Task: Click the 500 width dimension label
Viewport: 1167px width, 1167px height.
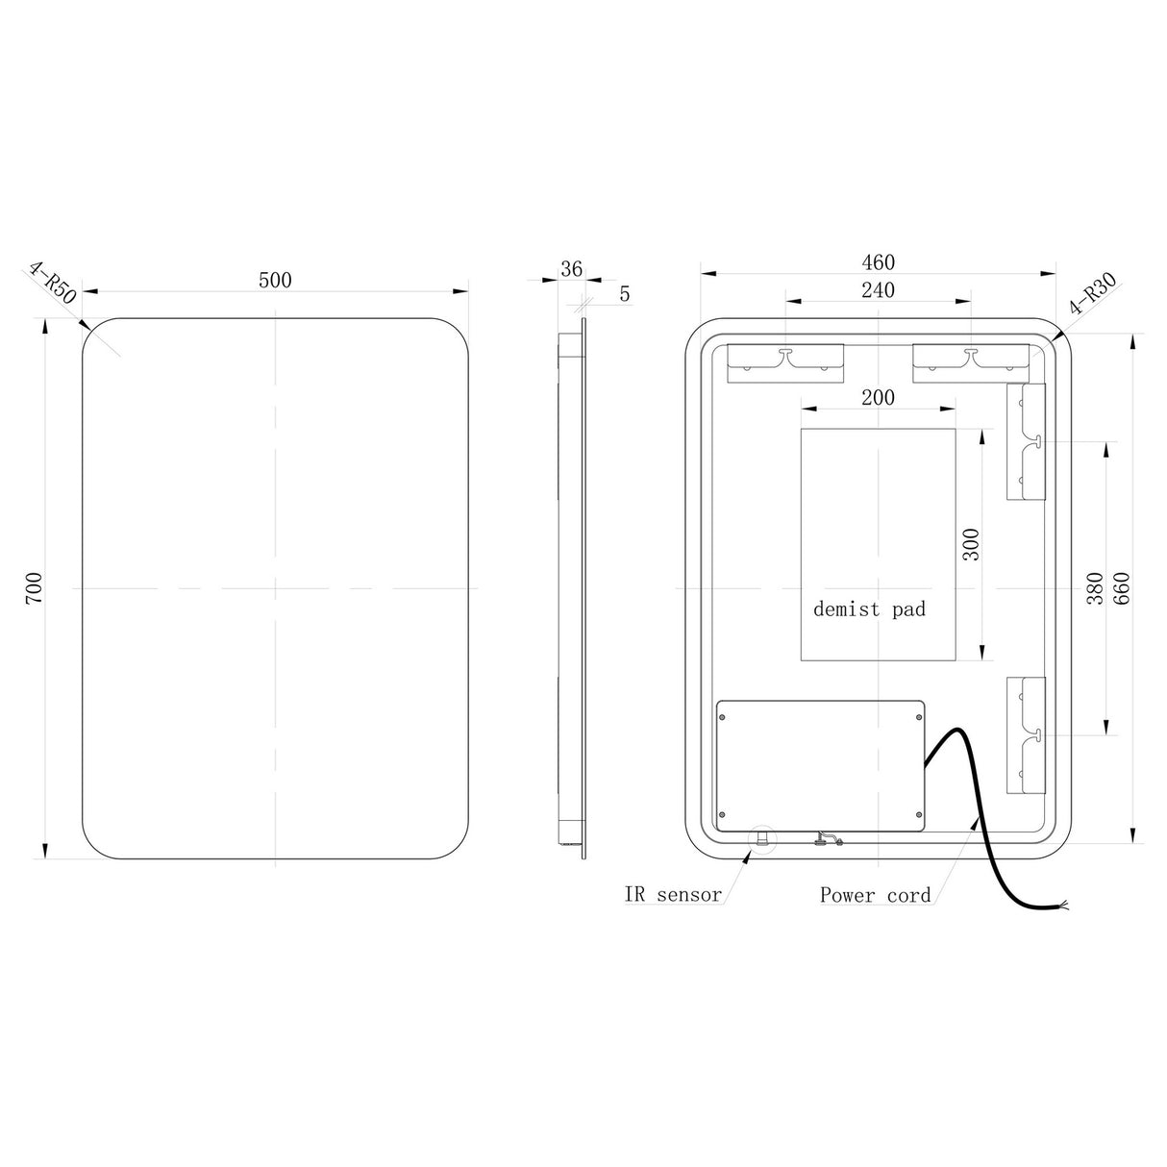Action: coord(275,280)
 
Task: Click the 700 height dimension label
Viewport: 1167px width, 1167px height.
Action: coord(33,587)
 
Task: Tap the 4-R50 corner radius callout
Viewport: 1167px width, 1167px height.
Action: coord(53,281)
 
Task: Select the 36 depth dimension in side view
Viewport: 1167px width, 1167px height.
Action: coord(571,269)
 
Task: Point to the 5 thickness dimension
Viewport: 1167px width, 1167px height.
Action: coord(625,295)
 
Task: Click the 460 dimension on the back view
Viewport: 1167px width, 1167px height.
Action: coord(878,262)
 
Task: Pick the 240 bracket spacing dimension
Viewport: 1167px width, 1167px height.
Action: coord(878,290)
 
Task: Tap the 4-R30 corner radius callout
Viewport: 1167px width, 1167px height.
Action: coord(1093,294)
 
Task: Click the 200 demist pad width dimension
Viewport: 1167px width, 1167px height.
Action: coord(878,397)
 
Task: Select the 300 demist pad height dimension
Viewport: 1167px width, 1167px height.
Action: coord(970,545)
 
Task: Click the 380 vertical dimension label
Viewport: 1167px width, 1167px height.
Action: coord(1094,587)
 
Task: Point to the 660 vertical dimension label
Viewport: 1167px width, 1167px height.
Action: coord(1121,587)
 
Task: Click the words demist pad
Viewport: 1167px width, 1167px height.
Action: coord(869,608)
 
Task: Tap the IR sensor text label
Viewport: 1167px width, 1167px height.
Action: coord(673,895)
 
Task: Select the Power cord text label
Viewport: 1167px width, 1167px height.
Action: coord(875,895)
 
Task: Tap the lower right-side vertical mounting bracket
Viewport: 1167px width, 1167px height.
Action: coord(1026,735)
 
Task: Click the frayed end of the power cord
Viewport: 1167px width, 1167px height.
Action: coord(1070,906)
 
